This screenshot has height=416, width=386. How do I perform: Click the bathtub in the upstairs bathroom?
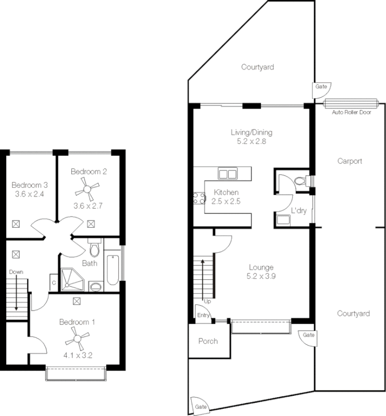112,269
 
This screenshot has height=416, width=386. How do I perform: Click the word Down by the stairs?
16,271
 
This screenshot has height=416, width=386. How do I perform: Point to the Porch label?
208,341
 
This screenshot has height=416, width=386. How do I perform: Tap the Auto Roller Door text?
351,112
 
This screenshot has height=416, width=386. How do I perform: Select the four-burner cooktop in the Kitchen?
199,198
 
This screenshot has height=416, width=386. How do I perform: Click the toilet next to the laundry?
301,181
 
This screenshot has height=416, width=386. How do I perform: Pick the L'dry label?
298,210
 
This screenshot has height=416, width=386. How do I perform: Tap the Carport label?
349,161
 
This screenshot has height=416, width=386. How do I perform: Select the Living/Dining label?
251,132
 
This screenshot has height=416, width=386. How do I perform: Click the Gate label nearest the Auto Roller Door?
321,87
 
